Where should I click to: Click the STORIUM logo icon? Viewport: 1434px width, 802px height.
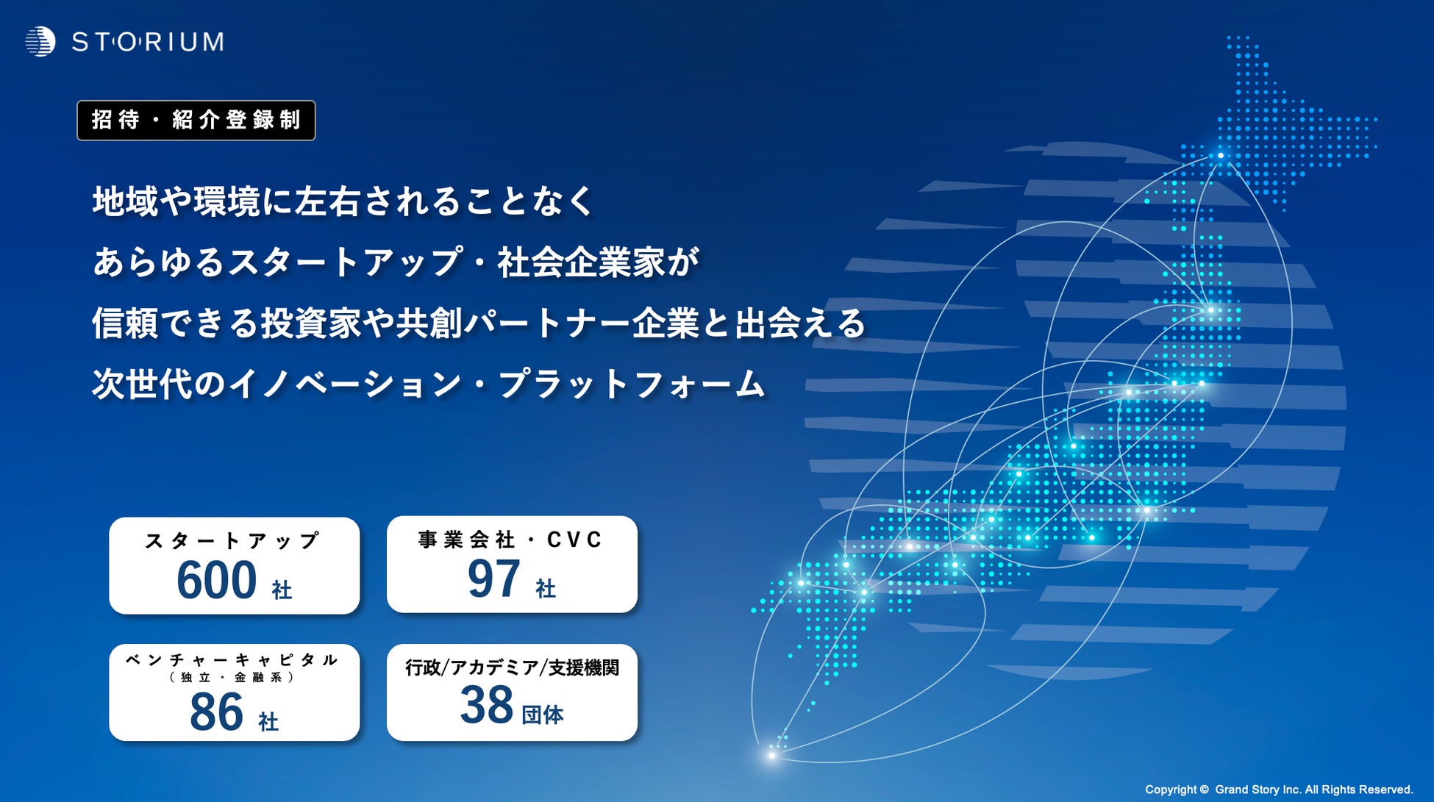(40, 42)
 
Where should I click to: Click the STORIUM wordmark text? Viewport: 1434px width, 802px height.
(148, 42)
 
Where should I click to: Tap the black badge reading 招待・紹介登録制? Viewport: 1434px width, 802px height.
(196, 121)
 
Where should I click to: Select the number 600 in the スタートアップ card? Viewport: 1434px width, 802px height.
(216, 581)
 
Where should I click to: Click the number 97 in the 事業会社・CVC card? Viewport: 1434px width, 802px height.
(493, 579)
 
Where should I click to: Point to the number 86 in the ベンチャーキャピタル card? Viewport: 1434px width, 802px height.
(216, 712)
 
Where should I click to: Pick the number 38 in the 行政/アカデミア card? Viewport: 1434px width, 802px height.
(486, 705)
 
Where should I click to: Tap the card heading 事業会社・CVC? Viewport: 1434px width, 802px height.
(510, 540)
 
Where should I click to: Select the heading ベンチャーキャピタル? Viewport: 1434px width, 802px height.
(232, 659)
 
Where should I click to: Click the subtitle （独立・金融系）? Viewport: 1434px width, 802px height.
(232, 677)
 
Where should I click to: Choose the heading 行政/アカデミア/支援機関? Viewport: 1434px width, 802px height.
(512, 667)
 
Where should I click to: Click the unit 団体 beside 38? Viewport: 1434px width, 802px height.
(543, 715)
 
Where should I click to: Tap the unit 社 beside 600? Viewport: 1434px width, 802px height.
(282, 590)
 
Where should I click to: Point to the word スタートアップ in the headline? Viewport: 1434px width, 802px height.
(346, 262)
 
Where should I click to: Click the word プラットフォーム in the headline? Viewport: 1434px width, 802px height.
(632, 384)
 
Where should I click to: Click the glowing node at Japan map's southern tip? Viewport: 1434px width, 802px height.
(771, 755)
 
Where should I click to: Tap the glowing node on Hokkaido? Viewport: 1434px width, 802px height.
(1221, 155)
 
